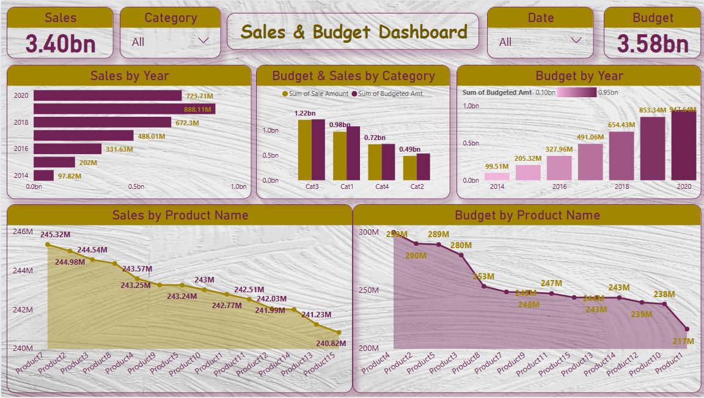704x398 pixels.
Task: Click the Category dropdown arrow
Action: pyautogui.click(x=204, y=41)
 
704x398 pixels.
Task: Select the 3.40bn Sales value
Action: pyautogui.click(x=60, y=44)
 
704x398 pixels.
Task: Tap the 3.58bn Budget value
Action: pyautogui.click(x=652, y=44)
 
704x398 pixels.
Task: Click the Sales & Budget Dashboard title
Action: pyautogui.click(x=353, y=32)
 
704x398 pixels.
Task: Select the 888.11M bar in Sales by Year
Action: pyautogui.click(x=124, y=109)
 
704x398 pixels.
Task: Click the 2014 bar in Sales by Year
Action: pyautogui.click(x=43, y=175)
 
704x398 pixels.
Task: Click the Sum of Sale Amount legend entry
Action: pyautogui.click(x=315, y=94)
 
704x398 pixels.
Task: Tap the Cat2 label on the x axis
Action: pyautogui.click(x=417, y=186)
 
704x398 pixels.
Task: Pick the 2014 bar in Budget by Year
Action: pyautogui.click(x=497, y=176)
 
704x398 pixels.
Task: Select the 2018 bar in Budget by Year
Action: pyautogui.click(x=621, y=156)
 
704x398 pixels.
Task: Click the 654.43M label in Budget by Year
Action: pyautogui.click(x=621, y=125)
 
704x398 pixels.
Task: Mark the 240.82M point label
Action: pyautogui.click(x=331, y=344)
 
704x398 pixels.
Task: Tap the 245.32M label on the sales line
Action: pyautogui.click(x=56, y=235)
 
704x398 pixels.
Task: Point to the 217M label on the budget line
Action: pyautogui.click(x=683, y=341)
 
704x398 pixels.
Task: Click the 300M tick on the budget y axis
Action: pyautogui.click(x=369, y=232)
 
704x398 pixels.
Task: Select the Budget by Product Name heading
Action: pyautogui.click(x=527, y=215)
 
